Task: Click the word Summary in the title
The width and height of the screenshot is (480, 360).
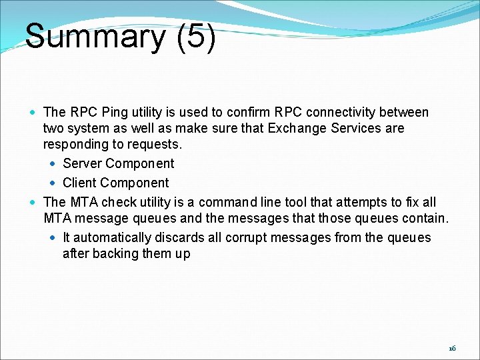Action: [x=93, y=37]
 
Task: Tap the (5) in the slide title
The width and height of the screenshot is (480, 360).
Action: [x=196, y=37]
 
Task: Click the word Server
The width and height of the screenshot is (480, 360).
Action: [x=82, y=163]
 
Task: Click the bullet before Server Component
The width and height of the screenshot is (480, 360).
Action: [x=53, y=164]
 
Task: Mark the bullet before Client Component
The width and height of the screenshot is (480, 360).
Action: [x=53, y=183]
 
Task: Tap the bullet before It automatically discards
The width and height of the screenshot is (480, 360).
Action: [x=53, y=238]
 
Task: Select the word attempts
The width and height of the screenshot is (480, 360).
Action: [x=369, y=202]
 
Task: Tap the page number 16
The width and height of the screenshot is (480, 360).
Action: [x=452, y=349]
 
